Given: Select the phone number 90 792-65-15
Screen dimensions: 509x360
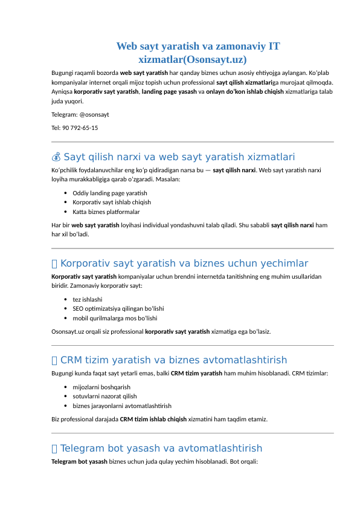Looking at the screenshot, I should pos(80,128).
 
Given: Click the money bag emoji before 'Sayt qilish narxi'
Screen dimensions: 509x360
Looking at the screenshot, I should pos(56,158).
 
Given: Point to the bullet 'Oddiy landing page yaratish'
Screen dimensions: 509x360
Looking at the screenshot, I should pos(109,193).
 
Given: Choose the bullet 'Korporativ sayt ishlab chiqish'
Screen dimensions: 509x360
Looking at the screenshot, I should pos(111,203).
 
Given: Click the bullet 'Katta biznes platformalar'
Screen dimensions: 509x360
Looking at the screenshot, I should pos(106,212).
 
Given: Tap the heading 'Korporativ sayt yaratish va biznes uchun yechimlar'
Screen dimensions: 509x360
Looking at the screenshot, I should pos(184,264).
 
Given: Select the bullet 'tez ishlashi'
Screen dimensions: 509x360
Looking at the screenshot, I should pos(87,299).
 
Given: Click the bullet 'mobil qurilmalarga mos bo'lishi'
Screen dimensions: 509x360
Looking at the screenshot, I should pos(115,318).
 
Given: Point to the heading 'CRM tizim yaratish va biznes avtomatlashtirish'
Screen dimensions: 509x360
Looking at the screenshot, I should pos(174,361).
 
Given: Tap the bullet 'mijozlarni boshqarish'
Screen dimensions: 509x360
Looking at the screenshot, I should pos(101,387).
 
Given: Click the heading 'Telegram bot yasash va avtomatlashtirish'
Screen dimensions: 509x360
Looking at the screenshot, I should pos(161,449).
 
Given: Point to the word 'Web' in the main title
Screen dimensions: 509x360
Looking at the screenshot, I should pos(127,47).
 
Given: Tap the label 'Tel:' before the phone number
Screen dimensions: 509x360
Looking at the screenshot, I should pos(56,128).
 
